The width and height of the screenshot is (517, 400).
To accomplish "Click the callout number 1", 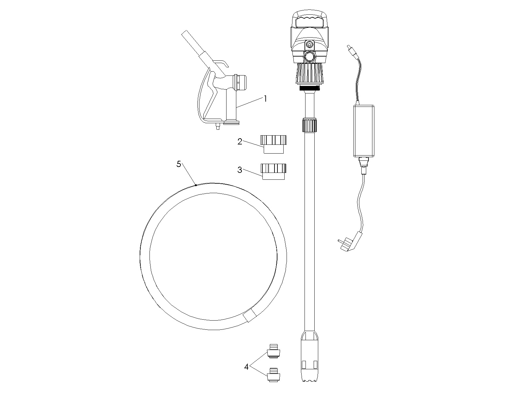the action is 266,99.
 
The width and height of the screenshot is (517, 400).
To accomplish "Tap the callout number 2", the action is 240,142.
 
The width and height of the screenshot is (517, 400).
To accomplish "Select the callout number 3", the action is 240,170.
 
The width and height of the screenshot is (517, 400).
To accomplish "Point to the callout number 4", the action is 246,367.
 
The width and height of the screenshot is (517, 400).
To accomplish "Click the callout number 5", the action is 179,164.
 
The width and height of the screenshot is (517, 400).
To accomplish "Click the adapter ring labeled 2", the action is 274,144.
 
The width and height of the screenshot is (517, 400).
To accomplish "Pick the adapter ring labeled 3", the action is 274,172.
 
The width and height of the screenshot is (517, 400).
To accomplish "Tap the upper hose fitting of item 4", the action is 274,351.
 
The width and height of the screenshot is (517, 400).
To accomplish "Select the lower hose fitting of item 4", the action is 274,375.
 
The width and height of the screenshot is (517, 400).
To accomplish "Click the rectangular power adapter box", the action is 364,131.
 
